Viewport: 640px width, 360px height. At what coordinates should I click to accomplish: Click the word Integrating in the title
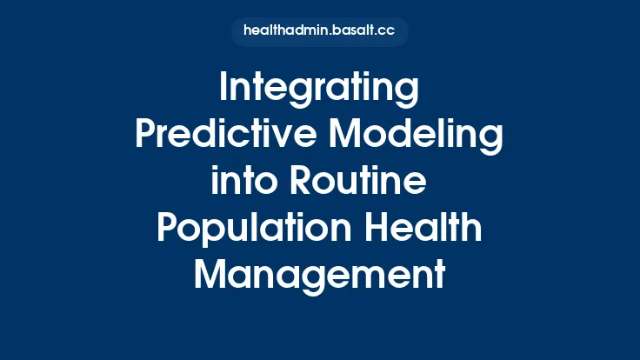(319, 90)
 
